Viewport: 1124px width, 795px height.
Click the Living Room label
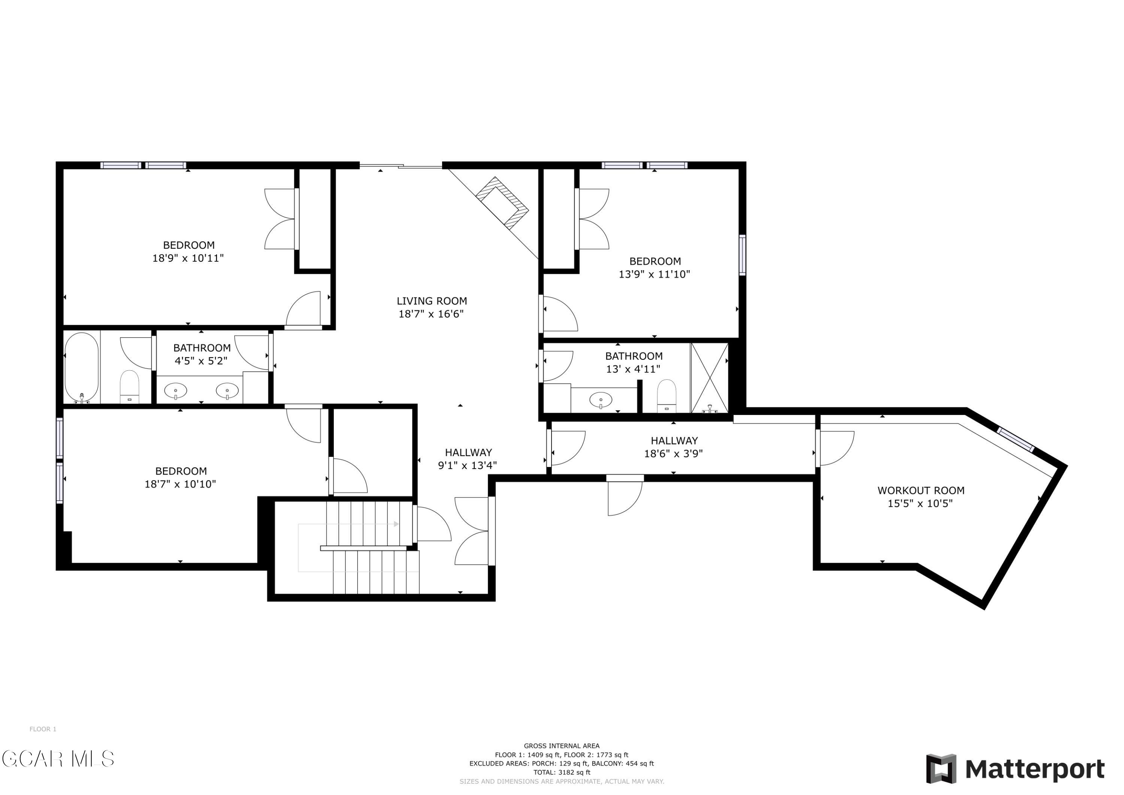point(431,301)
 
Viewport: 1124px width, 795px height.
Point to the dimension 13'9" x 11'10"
point(654,274)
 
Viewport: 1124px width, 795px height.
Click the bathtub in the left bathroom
point(82,367)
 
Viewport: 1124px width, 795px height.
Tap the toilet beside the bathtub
point(130,386)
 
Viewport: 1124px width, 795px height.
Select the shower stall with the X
point(709,378)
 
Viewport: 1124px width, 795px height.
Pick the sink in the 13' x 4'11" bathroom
point(601,400)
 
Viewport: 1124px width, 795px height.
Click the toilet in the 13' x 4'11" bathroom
point(666,396)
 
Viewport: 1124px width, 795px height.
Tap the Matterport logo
point(1015,769)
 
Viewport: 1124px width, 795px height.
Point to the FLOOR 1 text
point(43,729)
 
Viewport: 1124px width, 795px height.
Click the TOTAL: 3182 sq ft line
point(562,773)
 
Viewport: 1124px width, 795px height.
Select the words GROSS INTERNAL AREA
point(562,746)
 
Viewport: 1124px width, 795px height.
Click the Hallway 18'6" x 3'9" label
point(674,447)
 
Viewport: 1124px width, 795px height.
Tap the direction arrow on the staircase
point(348,524)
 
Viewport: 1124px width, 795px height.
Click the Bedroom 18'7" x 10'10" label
point(180,478)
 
